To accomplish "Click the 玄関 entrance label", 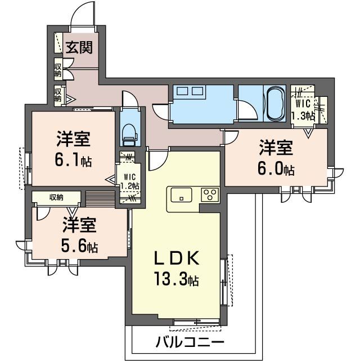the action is click(x=79, y=47).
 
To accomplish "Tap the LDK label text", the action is click(x=177, y=259).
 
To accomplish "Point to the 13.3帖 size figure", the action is click(x=177, y=279).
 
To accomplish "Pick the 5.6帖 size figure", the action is click(x=79, y=246).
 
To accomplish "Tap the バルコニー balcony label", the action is click(x=190, y=342).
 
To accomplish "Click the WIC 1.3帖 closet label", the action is click(x=303, y=110).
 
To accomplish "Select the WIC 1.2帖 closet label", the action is click(x=130, y=181).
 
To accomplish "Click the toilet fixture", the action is click(x=130, y=135).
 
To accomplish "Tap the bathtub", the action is click(x=274, y=104).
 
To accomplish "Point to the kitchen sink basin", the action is click(x=181, y=195).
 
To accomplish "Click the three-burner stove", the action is click(x=210, y=195).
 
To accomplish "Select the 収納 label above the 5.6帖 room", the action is click(x=56, y=197).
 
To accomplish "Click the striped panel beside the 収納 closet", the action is click(x=100, y=199).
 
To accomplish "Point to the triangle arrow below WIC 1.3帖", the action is click(x=308, y=133).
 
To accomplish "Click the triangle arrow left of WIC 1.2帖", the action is click(x=111, y=180).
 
